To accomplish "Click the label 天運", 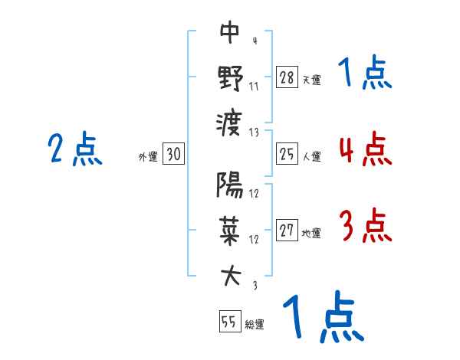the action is click(x=311, y=80).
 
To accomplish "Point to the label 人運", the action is click(x=311, y=156).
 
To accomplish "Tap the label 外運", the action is click(x=148, y=156).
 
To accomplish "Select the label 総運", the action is click(x=255, y=324).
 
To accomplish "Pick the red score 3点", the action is click(x=364, y=227).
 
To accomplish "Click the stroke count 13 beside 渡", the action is click(x=255, y=132).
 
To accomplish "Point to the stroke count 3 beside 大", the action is click(x=255, y=285).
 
